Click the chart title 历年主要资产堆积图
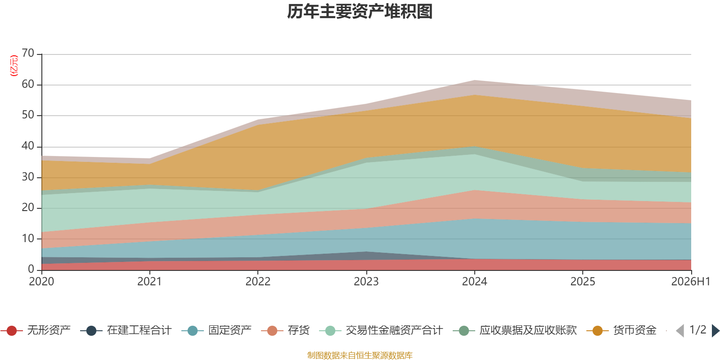pos(360,12)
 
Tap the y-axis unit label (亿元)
pos(14,66)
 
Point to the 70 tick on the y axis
pos(28,53)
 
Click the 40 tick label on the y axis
pos(28,146)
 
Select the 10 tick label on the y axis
pos(28,238)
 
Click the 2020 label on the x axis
pos(41,282)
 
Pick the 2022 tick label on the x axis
pos(258,282)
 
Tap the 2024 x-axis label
pos(474,282)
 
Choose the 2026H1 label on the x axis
pos(691,282)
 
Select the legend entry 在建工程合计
pos(126,330)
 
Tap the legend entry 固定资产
pos(216,330)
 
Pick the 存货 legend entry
pos(285,330)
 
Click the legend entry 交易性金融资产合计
pos(381,330)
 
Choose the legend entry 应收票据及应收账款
pos(515,330)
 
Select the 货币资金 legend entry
pos(621,330)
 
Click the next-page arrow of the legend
pos(716,331)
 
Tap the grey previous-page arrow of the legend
pos(680,331)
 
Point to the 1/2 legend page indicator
pos(698,330)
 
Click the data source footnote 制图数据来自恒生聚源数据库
pos(360,355)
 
